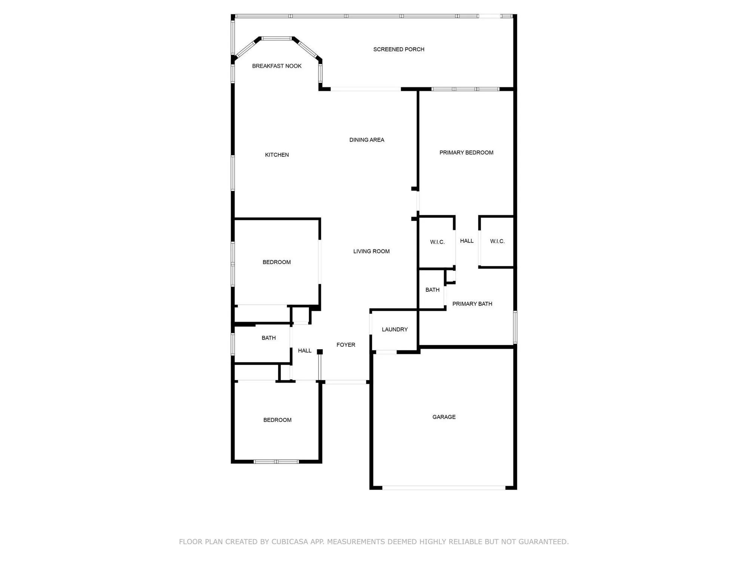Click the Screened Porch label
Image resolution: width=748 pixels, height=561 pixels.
[399, 49]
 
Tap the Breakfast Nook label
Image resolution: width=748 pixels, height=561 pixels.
[277, 66]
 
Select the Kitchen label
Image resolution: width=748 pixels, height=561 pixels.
[277, 155]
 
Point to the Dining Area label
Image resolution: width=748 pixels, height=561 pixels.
[367, 140]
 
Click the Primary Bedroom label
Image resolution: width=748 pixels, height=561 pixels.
[466, 153]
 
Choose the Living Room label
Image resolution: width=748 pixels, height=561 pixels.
[371, 251]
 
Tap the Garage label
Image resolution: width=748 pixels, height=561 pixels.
[444, 417]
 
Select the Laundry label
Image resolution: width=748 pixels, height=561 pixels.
[395, 329]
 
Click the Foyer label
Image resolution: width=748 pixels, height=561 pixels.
[346, 345]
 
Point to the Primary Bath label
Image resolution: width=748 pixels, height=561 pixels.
[472, 304]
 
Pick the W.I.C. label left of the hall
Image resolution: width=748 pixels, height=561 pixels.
[437, 242]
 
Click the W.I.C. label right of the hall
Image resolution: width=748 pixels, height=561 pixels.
[497, 242]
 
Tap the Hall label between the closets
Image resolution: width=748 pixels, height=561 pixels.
[467, 241]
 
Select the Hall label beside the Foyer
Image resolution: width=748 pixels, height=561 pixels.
[304, 351]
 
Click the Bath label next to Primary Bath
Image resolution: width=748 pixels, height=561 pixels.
[432, 290]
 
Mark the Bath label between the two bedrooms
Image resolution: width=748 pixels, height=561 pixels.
[269, 338]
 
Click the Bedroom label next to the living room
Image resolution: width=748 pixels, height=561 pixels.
[276, 262]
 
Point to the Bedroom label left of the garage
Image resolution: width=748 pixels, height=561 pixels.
[277, 420]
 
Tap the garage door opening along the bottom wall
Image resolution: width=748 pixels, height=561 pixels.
[444, 488]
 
